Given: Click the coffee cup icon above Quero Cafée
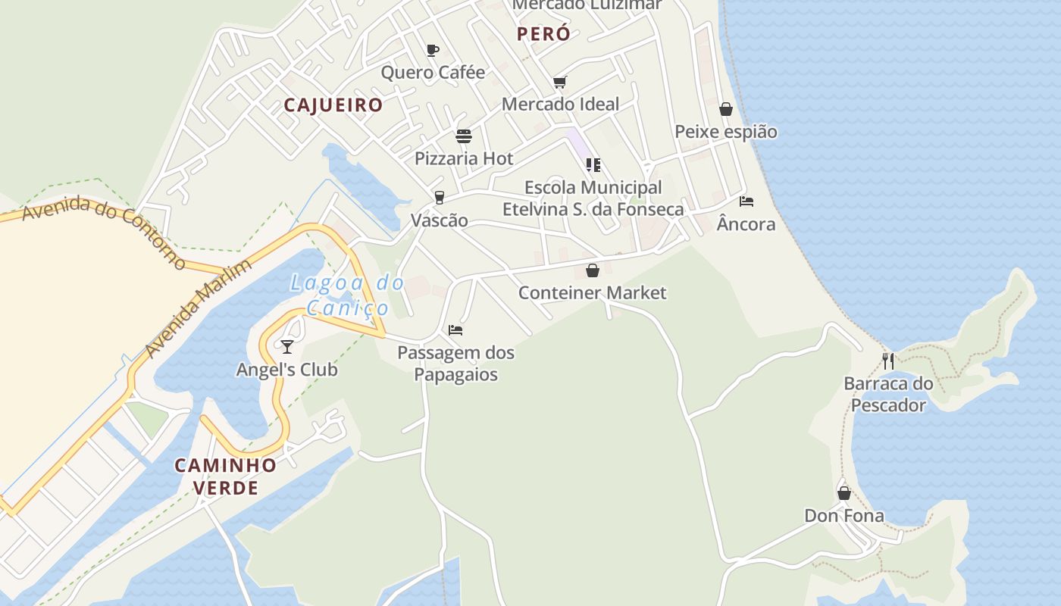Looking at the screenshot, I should click(432, 50).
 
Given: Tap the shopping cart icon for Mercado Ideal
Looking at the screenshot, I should click(559, 82).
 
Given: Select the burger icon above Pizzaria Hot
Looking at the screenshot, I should click(464, 136).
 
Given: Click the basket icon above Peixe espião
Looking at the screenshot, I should click(726, 109).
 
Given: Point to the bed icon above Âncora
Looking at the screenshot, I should click(746, 201).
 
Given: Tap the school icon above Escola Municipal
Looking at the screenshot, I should click(593, 164).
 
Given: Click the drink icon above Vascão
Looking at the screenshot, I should click(439, 198).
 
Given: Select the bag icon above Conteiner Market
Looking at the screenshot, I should click(593, 270).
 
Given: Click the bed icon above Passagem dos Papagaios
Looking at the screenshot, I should click(455, 330).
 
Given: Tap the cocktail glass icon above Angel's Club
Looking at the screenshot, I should click(286, 347).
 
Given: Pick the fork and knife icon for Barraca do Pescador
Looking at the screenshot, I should click(888, 361).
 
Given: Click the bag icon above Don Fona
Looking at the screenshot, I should click(844, 494).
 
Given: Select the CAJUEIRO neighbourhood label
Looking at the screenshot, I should click(333, 105).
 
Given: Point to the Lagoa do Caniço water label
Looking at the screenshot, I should click(348, 295).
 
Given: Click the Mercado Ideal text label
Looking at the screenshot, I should click(561, 105).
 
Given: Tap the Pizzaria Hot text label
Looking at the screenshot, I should click(464, 159).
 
